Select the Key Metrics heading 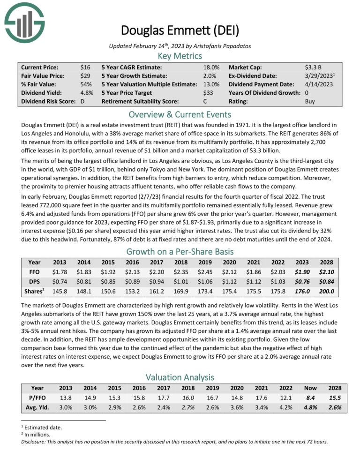180,56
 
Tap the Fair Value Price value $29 85,75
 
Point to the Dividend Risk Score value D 82,101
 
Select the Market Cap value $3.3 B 313,67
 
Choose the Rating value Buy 310,101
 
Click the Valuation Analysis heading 180,376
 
